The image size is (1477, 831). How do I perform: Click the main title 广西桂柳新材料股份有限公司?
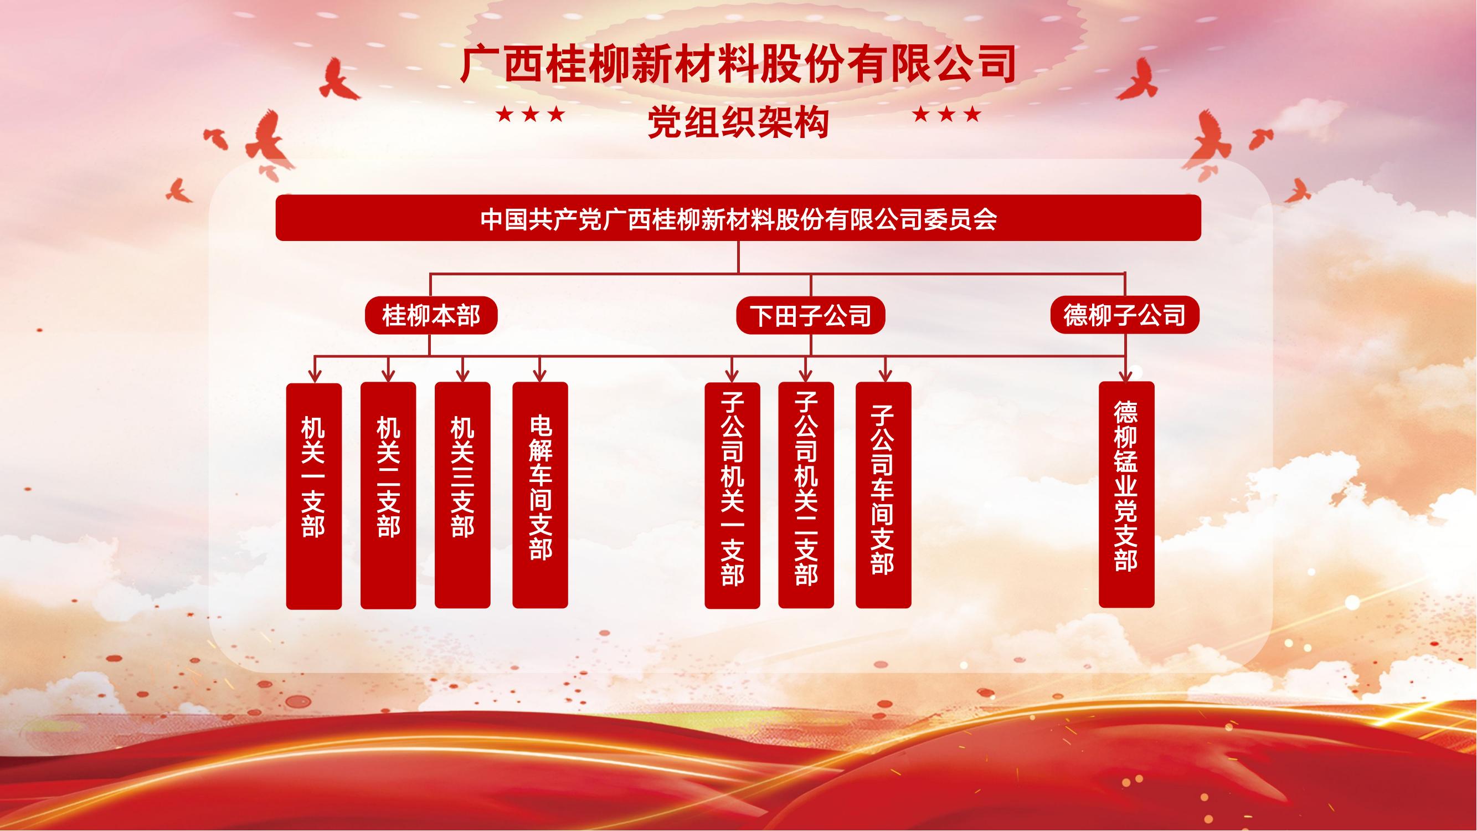point(738,65)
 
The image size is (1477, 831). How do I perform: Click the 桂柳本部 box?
point(431,315)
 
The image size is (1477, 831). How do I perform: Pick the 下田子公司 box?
point(811,315)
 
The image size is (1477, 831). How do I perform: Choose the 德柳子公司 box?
point(1124,315)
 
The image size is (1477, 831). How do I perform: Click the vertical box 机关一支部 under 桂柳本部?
point(313,496)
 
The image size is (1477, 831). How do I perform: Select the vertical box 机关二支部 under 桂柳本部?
point(388,495)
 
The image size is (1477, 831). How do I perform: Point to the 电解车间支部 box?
point(540,495)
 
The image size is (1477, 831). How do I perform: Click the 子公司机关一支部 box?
point(732,495)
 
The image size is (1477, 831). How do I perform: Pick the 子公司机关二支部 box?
point(806,495)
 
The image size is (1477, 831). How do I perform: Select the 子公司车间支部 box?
point(883,495)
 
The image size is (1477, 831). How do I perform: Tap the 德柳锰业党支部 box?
point(1126,494)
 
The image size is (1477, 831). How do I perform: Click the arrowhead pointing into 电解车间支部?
point(540,376)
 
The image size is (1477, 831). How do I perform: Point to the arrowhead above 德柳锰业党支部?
point(1126,376)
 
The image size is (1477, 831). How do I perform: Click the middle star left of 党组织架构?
point(531,115)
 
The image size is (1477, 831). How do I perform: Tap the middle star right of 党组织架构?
point(946,115)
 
